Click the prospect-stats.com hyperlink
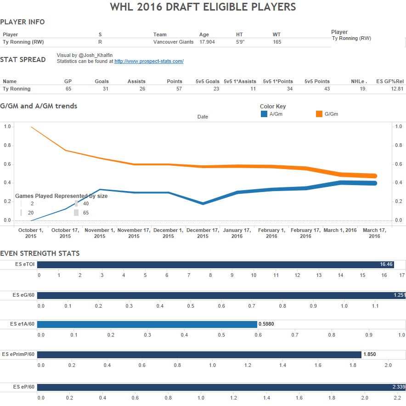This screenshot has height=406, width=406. point(149,61)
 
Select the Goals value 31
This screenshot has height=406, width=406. point(105,89)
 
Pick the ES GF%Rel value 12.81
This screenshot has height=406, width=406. point(395,89)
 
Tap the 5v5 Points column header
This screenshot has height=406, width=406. point(317,81)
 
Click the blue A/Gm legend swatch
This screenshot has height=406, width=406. point(264,114)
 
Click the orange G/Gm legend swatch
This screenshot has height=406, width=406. point(319,114)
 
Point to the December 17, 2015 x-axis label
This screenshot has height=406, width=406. point(203,233)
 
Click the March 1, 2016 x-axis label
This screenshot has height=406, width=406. point(340,230)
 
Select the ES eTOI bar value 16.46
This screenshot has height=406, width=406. point(386,265)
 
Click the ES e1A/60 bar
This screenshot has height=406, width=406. point(147,324)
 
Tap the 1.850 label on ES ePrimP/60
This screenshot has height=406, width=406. point(369,355)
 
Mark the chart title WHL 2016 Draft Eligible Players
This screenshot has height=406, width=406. point(203,7)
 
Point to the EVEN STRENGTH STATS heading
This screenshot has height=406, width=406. point(39,254)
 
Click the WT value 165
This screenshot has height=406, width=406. point(277,42)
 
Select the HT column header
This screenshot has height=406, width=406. point(239,34)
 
